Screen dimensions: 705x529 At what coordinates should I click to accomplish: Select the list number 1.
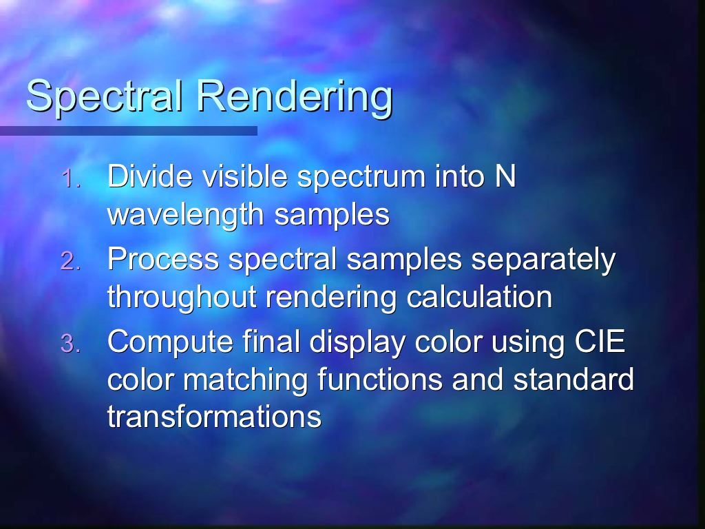coord(71,178)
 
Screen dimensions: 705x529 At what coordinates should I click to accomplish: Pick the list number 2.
coord(71,261)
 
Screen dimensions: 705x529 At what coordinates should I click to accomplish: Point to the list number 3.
coord(71,344)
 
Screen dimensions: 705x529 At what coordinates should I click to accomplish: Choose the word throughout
coord(182,298)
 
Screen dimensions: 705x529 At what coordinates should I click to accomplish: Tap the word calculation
coord(479,298)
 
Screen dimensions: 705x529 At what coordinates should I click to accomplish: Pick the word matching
coord(245,380)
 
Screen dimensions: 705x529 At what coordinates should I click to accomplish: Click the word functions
coord(380,380)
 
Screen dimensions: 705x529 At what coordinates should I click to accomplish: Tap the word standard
coord(574,380)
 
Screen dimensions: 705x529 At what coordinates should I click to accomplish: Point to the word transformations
coord(215,417)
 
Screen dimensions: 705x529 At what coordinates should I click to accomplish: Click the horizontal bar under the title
coord(129,131)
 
